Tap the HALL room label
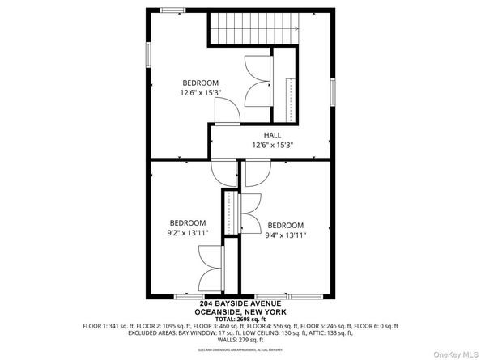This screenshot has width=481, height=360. click(x=271, y=136)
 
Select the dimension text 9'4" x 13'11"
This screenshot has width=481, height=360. click(x=285, y=236)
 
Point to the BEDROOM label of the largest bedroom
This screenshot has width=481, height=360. click(x=199, y=83)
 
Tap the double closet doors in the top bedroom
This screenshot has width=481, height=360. click(x=258, y=80)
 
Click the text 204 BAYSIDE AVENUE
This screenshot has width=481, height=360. click(x=240, y=304)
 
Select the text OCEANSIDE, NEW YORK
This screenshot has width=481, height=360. click(x=240, y=313)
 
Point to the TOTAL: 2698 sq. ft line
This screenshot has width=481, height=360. click(x=240, y=320)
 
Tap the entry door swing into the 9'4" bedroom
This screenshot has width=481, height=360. click(x=258, y=172)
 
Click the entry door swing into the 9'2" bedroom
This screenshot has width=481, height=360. click(x=226, y=172)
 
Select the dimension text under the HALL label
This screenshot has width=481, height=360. click(x=271, y=146)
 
